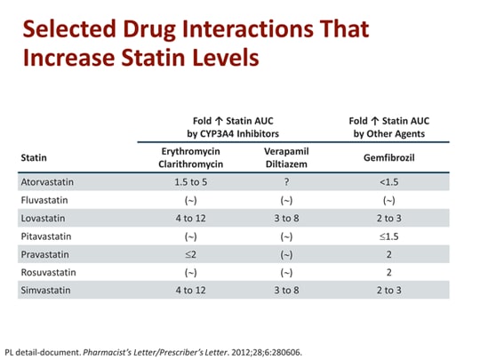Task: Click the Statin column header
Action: pyautogui.click(x=34, y=157)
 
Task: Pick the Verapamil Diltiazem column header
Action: pyautogui.click(x=286, y=157)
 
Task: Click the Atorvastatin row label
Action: pyautogui.click(x=47, y=181)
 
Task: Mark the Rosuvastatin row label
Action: pyautogui.click(x=47, y=271)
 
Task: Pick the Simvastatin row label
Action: pyautogui.click(x=44, y=290)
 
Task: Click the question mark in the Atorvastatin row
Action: pyautogui.click(x=286, y=181)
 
